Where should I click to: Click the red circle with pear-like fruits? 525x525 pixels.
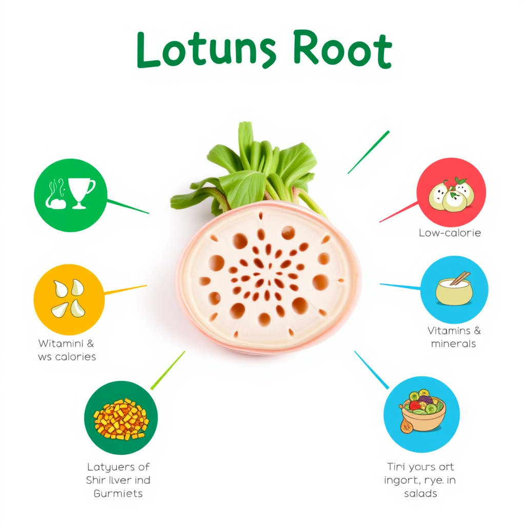pos(451,192)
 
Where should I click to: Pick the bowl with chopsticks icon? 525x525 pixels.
pos(454,290)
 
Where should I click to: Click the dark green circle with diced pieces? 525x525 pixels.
pos(121,418)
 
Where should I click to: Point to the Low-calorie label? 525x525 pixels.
pos(450,233)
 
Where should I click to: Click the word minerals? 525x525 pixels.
pos(453,344)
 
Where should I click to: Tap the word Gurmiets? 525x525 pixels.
pos(118,494)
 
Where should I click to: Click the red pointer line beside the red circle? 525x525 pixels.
pos(398,212)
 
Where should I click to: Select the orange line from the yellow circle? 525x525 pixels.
pos(126,290)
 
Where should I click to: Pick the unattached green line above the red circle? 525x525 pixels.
pos(368,152)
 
